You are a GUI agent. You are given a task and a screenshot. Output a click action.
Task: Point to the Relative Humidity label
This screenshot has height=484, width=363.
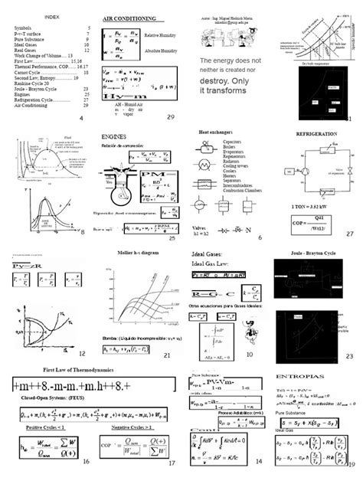click(160, 35)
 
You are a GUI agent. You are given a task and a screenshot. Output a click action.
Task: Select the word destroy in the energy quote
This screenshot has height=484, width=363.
click(219, 80)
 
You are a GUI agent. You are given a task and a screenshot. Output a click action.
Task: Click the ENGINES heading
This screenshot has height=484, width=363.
click(113, 136)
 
